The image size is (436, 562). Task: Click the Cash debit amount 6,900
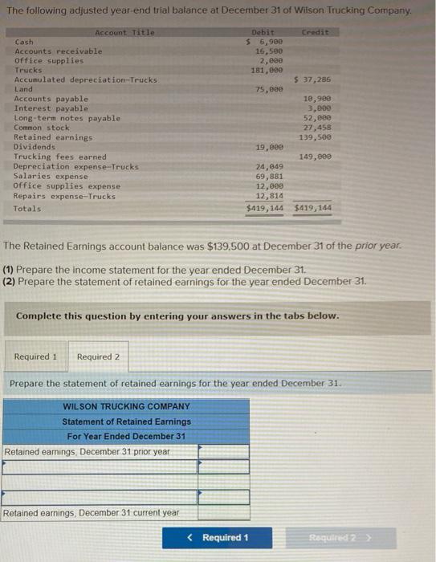click(268, 41)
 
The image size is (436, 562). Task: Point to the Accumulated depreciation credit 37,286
click(313, 79)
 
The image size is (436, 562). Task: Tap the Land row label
click(24, 89)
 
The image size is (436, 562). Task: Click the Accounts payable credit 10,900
click(318, 99)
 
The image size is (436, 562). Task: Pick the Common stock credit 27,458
click(318, 128)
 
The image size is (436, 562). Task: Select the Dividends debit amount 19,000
click(268, 147)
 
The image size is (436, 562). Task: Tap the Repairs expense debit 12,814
click(268, 195)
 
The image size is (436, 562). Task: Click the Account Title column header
click(124, 32)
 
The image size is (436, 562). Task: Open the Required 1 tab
click(35, 356)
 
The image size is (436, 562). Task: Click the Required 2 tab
click(98, 356)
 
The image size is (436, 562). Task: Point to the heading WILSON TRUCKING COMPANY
click(127, 406)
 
